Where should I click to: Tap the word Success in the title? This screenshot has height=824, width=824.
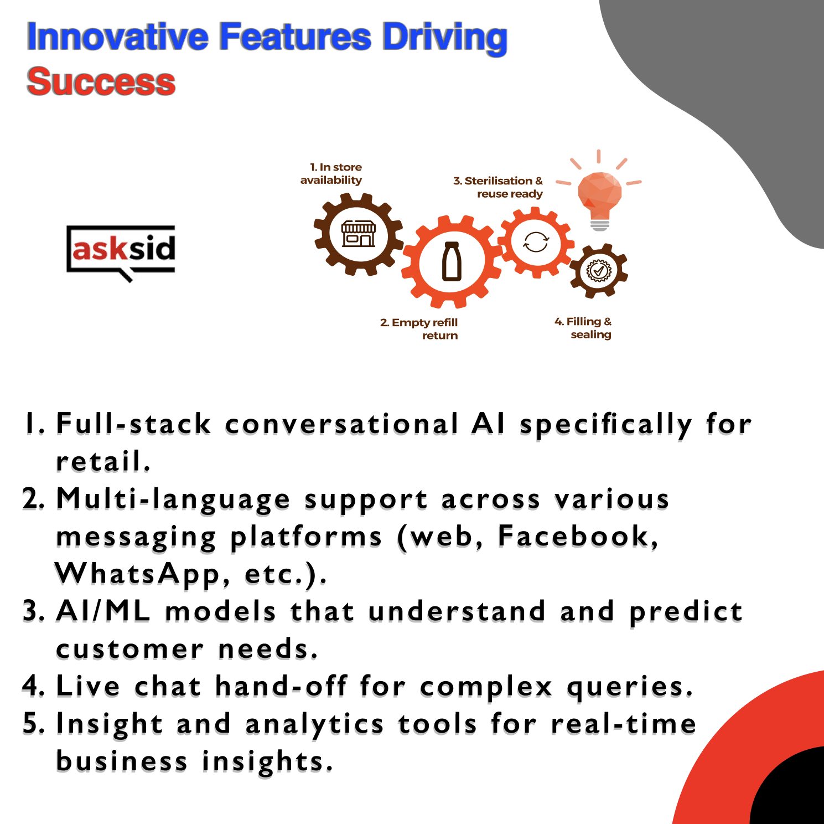tap(101, 82)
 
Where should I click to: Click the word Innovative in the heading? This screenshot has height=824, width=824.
tap(118, 37)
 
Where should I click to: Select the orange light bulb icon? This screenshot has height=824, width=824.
tap(599, 191)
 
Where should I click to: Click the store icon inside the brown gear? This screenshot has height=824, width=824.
tap(359, 234)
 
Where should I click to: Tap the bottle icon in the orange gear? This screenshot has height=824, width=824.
tap(452, 261)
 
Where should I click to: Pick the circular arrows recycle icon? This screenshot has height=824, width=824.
tap(536, 242)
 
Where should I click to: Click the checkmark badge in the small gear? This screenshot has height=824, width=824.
tap(598, 271)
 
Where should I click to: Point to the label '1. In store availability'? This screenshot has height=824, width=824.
tap(331, 173)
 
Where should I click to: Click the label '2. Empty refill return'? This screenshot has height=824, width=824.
tap(419, 329)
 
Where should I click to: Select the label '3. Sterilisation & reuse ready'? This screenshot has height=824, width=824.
tap(498, 187)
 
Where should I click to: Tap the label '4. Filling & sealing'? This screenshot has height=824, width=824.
tap(583, 328)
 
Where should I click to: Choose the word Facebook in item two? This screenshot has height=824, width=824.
tap(578, 536)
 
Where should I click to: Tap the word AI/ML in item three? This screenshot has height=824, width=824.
tap(103, 611)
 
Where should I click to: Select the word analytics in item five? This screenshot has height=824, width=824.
tap(314, 725)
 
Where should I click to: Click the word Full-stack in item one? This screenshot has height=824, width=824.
tap(133, 424)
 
